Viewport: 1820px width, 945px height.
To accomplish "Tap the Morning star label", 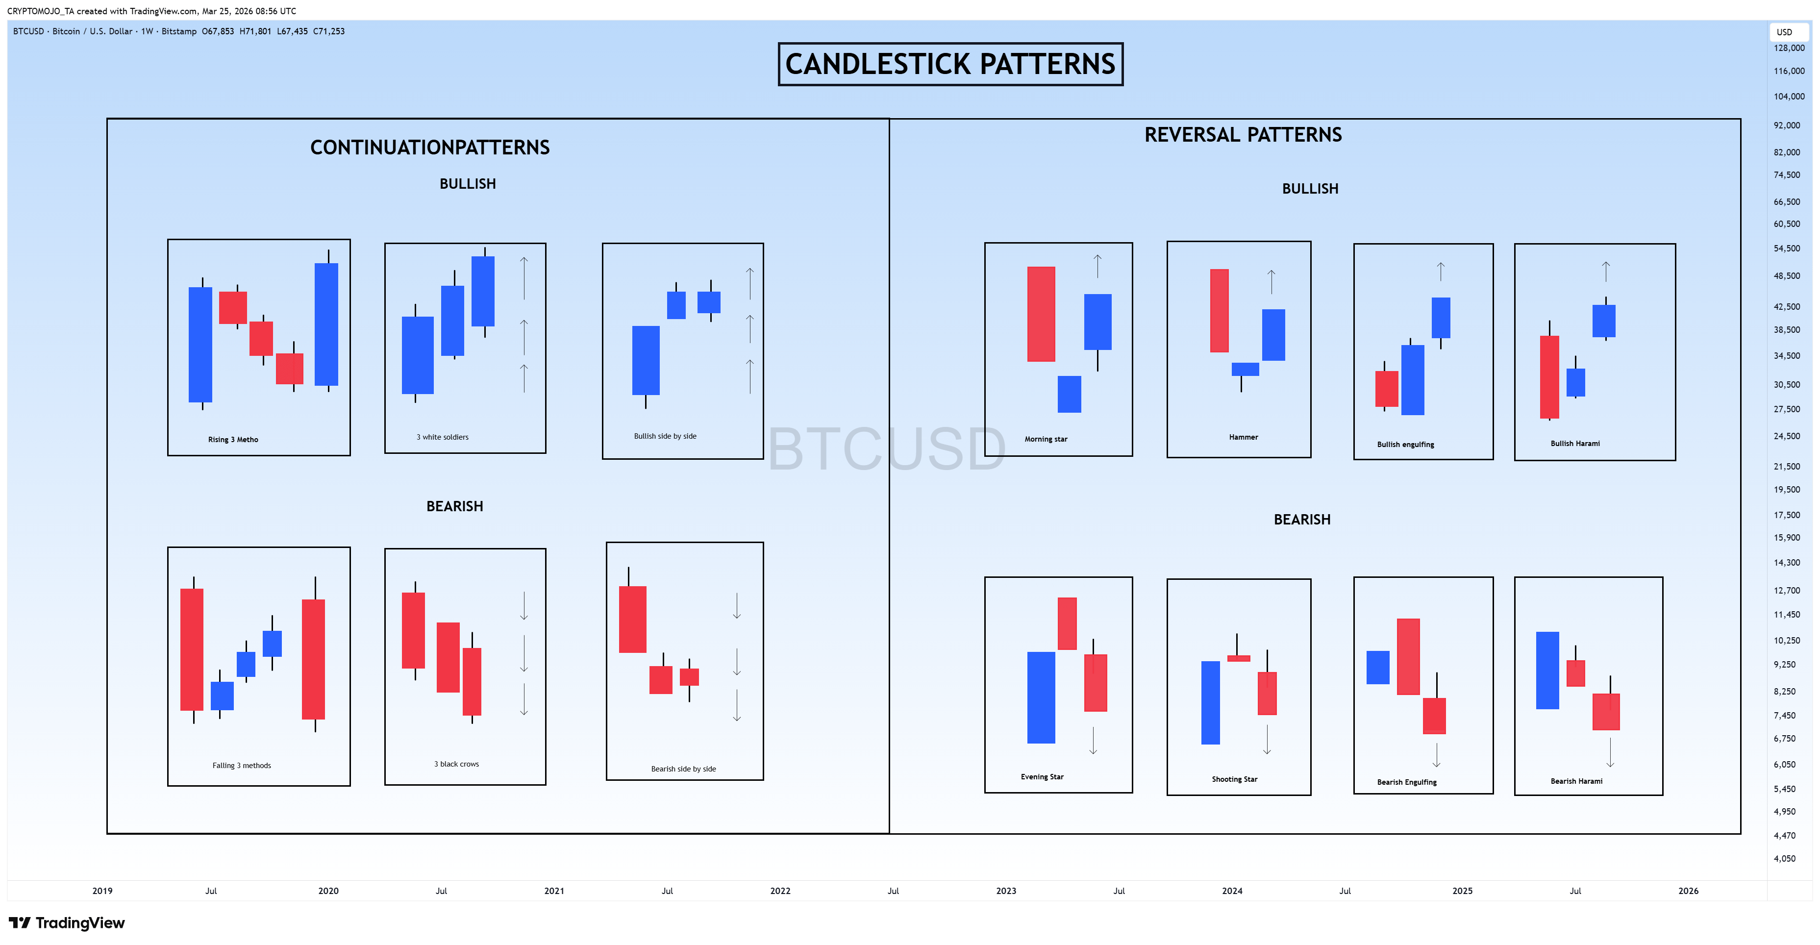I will [x=1046, y=439].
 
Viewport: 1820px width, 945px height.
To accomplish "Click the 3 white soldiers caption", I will [x=442, y=437].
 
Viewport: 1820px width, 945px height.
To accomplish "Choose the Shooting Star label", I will [x=1234, y=779].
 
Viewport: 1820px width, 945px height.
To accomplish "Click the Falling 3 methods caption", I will [x=242, y=766].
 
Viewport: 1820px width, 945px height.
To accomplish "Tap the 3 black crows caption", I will [x=456, y=764].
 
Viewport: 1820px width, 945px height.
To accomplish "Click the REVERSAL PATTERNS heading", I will [x=1243, y=135].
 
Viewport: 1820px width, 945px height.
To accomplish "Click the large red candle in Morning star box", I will [x=1041, y=314].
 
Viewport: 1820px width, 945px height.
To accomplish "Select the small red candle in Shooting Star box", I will [x=1239, y=658].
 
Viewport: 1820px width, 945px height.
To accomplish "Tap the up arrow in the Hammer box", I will [x=1271, y=282].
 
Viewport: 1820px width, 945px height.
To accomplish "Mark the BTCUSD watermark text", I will [x=887, y=448].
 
